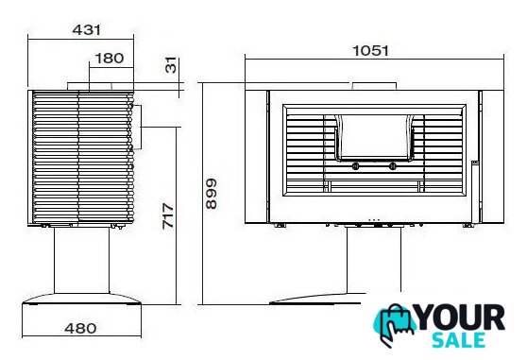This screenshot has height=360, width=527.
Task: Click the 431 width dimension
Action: click(x=86, y=30)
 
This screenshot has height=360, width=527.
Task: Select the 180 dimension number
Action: click(x=110, y=59)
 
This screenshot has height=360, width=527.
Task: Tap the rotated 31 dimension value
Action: click(x=171, y=65)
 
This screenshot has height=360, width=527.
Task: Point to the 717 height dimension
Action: click(x=168, y=215)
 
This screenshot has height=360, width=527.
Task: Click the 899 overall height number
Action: click(x=212, y=194)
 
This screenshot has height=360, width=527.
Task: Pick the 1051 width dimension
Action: click(x=370, y=51)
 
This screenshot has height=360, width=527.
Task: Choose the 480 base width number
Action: click(x=80, y=328)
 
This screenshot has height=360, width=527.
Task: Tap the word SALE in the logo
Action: click(x=458, y=340)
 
